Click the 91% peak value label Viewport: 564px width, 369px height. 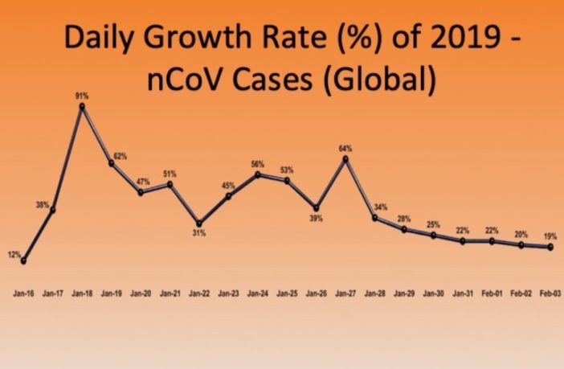click(x=83, y=96)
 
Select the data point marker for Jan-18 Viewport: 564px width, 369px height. click(x=82, y=106)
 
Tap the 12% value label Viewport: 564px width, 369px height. click(x=14, y=254)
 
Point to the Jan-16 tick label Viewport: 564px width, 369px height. click(x=23, y=294)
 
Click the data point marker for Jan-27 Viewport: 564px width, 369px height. click(x=345, y=158)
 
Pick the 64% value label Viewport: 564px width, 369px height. click(x=345, y=148)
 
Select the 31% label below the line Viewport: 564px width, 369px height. click(x=199, y=233)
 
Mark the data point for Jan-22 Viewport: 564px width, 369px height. click(x=199, y=223)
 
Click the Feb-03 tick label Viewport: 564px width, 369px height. click(x=550, y=294)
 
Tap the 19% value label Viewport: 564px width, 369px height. click(x=550, y=237)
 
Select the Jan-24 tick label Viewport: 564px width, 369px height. click(x=257, y=294)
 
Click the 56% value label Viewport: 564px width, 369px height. click(x=257, y=164)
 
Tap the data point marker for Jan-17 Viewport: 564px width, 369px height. click(x=52, y=210)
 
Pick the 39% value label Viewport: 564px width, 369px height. click(x=316, y=218)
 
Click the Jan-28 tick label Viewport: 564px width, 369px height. click(x=374, y=294)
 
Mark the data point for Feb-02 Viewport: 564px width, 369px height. click(x=521, y=245)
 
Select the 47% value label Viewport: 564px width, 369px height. click(x=141, y=182)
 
